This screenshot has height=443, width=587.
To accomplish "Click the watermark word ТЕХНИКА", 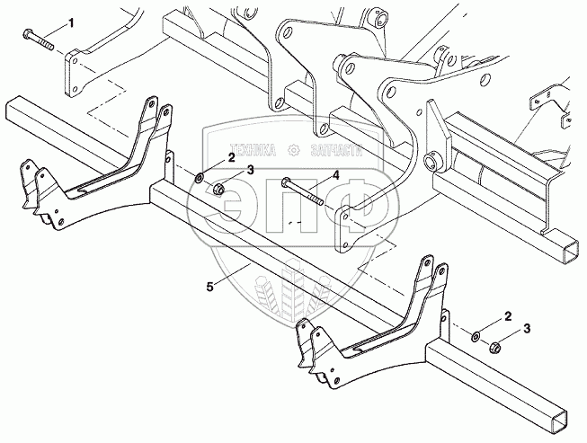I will [x=251, y=152].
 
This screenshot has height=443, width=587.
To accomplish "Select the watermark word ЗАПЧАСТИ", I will [x=332, y=152].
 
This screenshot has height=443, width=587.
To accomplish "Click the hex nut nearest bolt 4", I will [x=218, y=190].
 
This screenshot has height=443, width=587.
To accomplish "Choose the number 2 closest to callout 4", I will [x=231, y=158].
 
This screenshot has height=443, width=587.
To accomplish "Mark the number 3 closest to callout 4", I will [x=251, y=170].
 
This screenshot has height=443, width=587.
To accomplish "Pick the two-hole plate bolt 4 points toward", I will [x=345, y=229].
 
